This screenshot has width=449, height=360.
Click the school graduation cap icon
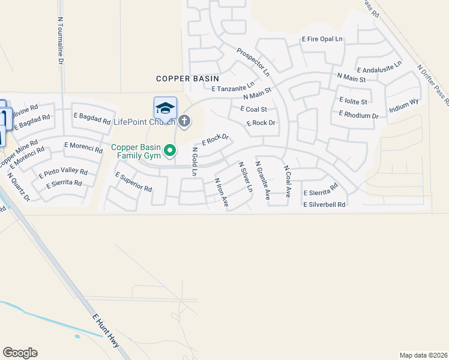coord(165,109)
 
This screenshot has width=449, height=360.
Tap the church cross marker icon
coord(184,122)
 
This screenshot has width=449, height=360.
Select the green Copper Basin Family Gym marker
coord(170,151)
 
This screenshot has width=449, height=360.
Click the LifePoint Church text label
coord(144,122)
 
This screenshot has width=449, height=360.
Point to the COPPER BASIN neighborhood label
coord(187,79)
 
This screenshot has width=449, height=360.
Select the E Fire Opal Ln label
coord(322,40)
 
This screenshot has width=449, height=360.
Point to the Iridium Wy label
coord(403,106)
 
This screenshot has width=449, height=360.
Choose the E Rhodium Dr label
coord(358,115)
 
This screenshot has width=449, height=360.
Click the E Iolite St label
coord(353,101)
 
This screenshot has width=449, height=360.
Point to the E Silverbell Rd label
coord(324,205)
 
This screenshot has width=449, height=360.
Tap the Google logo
coord(20,353)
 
